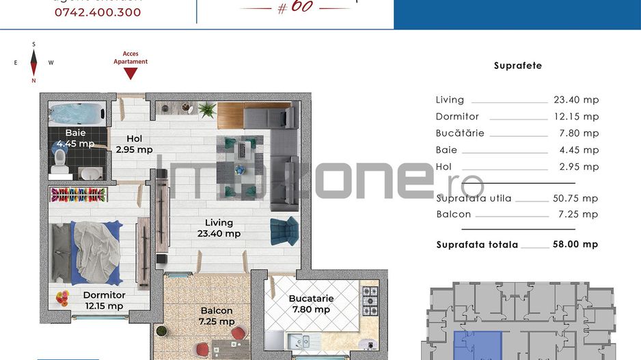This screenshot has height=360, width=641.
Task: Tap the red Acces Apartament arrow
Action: tap(131, 72)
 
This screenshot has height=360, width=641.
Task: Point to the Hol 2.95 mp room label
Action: tap(134, 144)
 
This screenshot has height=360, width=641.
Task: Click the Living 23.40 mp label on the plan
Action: tap(219, 228)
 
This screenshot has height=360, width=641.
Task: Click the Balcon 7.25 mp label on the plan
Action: tap(217, 316)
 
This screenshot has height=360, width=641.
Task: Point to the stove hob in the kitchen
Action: tap(369, 301)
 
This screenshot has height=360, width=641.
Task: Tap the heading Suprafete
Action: tap(517, 66)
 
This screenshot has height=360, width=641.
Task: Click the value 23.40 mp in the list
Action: tap(575, 100)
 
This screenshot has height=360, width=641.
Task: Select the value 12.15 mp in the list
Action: tap(575, 117)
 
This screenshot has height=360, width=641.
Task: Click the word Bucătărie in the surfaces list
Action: tap(459, 133)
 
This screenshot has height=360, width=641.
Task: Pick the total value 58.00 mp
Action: tap(575, 244)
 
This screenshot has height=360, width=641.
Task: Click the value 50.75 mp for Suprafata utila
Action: tap(575, 199)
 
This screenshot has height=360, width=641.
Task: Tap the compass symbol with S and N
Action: tap(33, 62)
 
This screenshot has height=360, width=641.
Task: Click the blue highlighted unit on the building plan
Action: tap(477, 345)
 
